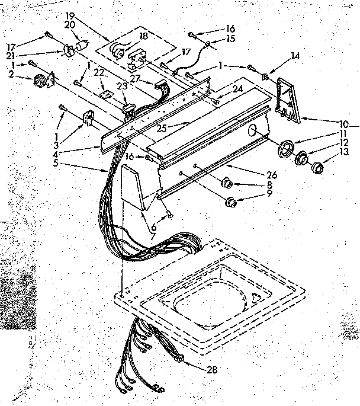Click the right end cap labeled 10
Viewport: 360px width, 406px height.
coord(289,101)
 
